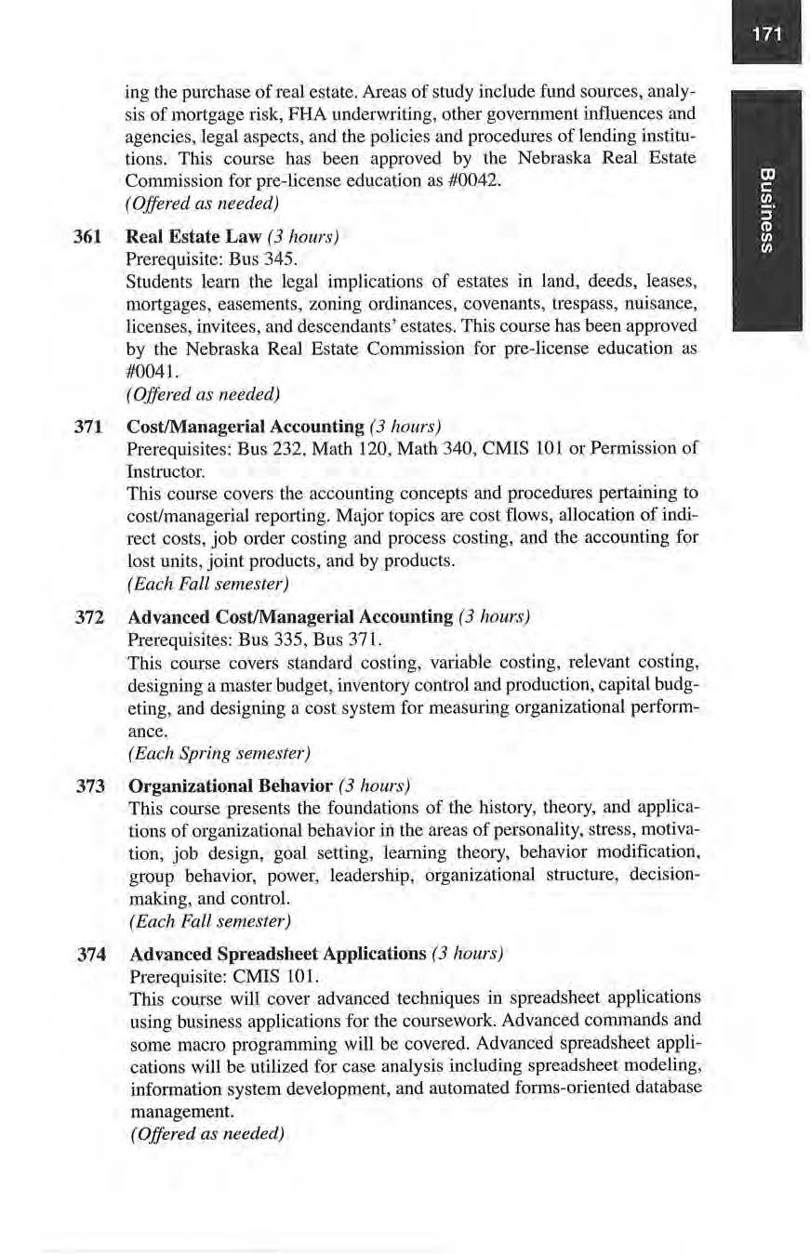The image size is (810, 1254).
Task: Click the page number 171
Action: click(765, 36)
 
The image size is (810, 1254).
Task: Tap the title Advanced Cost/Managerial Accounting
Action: click(290, 617)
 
